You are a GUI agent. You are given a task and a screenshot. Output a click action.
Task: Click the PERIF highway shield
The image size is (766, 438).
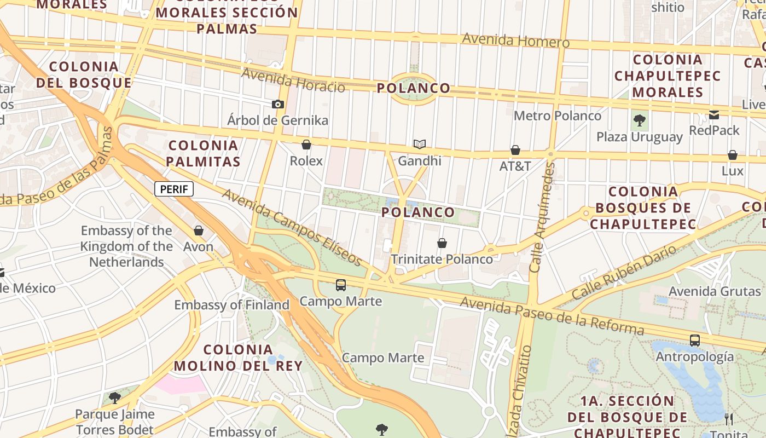[175, 189]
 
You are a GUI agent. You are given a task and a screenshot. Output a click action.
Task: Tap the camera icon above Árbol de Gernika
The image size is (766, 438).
[278, 104]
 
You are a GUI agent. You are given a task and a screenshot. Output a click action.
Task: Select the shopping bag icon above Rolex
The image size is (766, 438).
[306, 145]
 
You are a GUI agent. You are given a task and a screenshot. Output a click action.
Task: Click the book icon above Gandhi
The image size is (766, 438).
[420, 144]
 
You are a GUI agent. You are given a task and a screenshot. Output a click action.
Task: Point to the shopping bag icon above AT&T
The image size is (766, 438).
[515, 149]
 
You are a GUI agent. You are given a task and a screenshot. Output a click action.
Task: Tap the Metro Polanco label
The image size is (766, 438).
[557, 116]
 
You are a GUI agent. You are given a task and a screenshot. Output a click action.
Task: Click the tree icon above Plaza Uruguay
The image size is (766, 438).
[639, 120]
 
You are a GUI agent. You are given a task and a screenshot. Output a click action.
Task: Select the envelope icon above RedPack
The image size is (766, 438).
[714, 114]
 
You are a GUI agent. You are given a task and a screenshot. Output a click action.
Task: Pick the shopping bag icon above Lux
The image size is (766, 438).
[733, 155]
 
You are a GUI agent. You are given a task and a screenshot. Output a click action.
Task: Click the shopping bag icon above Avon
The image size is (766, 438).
[199, 230]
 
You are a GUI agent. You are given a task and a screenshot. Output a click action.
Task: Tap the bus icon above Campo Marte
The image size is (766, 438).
[341, 285]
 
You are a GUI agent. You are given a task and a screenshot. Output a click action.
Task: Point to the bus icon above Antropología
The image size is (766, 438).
[695, 341]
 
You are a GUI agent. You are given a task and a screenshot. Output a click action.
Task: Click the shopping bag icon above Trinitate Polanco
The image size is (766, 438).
[442, 243]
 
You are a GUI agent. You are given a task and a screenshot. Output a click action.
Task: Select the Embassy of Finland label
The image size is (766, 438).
[231, 305]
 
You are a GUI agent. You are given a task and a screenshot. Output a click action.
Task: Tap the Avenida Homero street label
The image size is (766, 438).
[515, 41]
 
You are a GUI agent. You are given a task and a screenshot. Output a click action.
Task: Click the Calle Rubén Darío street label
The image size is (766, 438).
[624, 272]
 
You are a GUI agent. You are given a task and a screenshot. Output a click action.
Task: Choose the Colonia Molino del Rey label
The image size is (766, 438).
[238, 358]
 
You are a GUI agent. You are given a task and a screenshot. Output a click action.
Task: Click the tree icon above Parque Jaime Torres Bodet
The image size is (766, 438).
[115, 397]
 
